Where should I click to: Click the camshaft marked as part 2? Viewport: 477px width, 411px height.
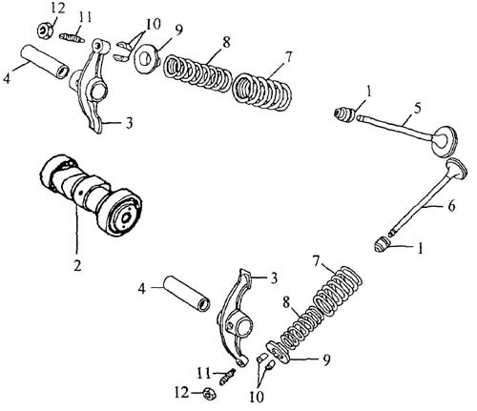pos(92,195)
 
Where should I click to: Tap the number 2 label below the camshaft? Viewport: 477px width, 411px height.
pos(77,265)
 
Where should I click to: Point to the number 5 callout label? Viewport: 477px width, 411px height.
pos(417,109)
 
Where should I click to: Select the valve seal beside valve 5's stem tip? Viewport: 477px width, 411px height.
pos(345,114)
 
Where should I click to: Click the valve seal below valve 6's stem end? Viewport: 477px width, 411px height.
pos(382,245)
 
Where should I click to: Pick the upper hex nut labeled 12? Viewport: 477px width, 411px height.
pos(47,31)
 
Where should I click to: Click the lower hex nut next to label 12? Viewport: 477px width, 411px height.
pos(209,395)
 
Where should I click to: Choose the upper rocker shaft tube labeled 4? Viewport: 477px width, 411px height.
pos(45,63)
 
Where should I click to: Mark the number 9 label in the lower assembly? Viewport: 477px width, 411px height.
pos(326,360)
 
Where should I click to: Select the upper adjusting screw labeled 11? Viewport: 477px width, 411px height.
pos(72,37)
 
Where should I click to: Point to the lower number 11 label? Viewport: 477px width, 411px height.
pos(203,373)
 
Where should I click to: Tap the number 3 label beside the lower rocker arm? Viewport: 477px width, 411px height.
pos(273,277)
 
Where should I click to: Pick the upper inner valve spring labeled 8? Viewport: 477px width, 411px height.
pos(197,73)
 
